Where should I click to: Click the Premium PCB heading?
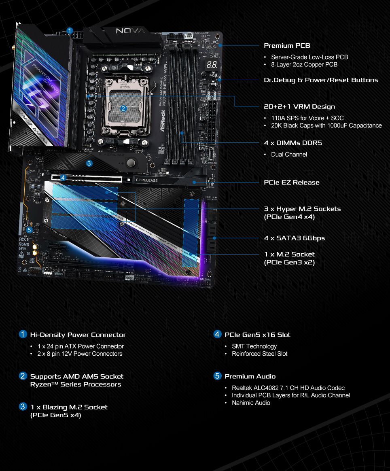coord(287,46)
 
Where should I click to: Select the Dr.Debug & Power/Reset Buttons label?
coord(321,80)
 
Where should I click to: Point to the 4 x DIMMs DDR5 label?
coord(293,143)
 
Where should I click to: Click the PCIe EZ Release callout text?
coord(291,182)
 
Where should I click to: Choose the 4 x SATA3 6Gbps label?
coord(294,238)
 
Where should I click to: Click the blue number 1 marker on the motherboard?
coord(70,30)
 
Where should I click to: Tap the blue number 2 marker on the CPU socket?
coord(124,108)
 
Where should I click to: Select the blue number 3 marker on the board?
coord(89,163)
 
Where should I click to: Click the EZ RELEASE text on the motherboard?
coord(146,180)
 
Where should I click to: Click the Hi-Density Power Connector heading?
coord(78,335)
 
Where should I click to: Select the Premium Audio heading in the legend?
coord(250,376)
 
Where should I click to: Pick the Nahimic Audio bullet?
coord(251,403)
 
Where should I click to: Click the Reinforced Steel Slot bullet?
coord(259,354)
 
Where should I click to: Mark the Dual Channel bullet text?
coord(289,154)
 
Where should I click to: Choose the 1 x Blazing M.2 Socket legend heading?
coord(69,407)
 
